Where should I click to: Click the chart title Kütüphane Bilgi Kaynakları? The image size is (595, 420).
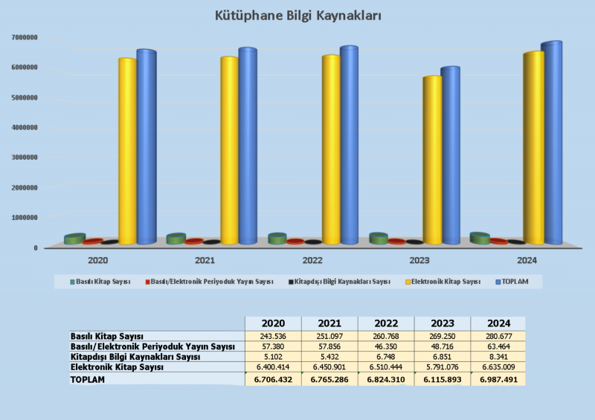[297, 15]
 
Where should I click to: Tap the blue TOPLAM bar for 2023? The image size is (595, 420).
[449, 156]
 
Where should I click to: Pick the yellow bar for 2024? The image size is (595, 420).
[533, 149]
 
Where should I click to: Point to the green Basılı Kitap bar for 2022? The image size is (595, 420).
[277, 239]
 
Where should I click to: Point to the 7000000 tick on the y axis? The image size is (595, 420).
[25, 37]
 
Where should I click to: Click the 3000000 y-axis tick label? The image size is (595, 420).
[25, 158]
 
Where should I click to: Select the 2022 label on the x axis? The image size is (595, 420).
[312, 261]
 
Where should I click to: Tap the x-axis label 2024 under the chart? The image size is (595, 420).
[527, 261]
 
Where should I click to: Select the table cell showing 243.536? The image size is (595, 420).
[273, 337]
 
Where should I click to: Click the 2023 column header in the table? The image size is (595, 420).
[442, 323]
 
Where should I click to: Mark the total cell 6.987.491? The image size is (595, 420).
[498, 379]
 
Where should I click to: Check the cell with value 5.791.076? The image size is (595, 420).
[442, 367]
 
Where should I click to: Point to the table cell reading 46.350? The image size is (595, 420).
[386, 347]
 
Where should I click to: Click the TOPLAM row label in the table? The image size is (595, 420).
[88, 379]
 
